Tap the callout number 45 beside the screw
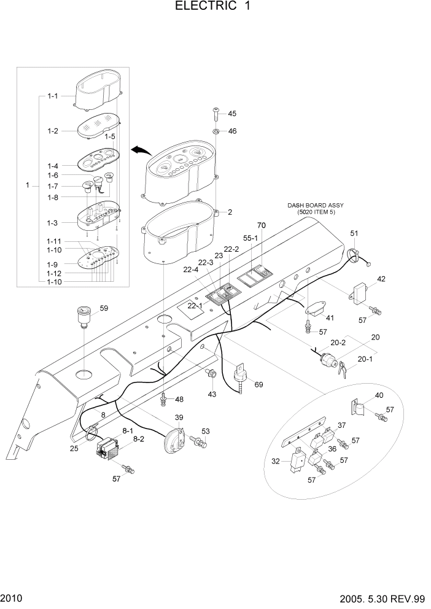coord(232,114)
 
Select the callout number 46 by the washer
coord(232,131)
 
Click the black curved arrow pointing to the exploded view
coord(140,151)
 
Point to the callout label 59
coord(104,308)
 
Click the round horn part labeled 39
coord(174,441)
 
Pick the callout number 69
coord(258,385)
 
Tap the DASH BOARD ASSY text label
coord(314,206)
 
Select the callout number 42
coord(381,279)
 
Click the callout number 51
coord(354,233)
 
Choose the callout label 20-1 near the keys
coord(365,359)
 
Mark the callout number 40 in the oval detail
coord(379,395)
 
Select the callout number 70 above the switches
coord(261,226)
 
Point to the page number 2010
coord(11,598)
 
